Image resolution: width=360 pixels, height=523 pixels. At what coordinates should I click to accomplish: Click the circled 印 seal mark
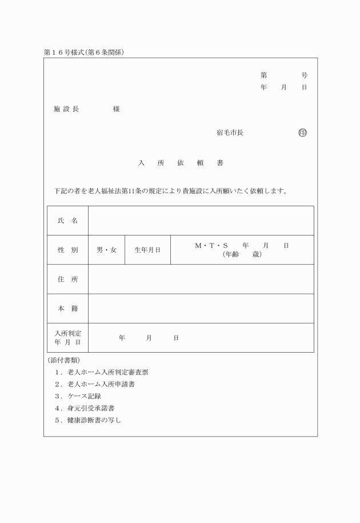(x=302, y=133)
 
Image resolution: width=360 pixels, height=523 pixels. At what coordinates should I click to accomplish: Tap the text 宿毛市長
(x=230, y=133)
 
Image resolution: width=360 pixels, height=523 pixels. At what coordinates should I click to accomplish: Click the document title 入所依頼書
(x=181, y=163)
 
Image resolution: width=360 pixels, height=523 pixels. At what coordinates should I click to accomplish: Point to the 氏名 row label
(x=67, y=221)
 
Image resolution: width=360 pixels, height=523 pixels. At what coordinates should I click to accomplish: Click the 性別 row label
(x=67, y=250)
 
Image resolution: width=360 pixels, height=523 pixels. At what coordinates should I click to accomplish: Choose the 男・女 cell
(x=106, y=250)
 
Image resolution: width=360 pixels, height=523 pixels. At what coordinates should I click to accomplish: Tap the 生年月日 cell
(x=147, y=250)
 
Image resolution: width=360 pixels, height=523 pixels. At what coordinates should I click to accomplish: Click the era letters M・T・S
(x=211, y=245)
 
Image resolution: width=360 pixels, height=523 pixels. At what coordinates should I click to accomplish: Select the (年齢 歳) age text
(x=242, y=254)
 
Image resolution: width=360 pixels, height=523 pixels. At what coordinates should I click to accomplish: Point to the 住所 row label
(x=67, y=280)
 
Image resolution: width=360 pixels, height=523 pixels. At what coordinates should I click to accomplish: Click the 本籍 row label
(x=67, y=309)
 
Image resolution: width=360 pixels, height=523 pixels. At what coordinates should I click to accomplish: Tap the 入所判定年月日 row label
(x=67, y=338)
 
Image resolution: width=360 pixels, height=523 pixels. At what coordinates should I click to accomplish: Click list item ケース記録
(x=84, y=396)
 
